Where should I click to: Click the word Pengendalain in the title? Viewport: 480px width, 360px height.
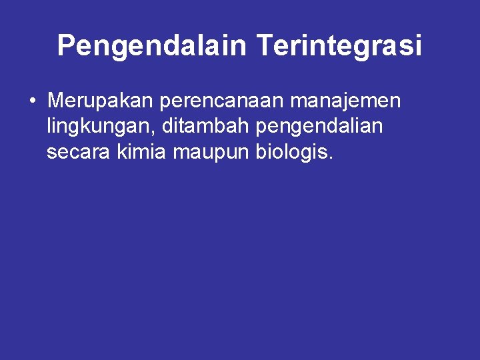152,46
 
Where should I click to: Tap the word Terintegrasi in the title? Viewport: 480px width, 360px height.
339,46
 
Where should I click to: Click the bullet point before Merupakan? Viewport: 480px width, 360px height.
32,102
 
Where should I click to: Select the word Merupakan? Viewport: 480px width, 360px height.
100,101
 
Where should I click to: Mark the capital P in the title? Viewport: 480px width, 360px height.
65,46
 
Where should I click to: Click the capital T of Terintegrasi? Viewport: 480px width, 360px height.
263,46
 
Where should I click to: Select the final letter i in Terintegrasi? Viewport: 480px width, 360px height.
418,46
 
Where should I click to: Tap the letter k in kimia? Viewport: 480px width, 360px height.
121,153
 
